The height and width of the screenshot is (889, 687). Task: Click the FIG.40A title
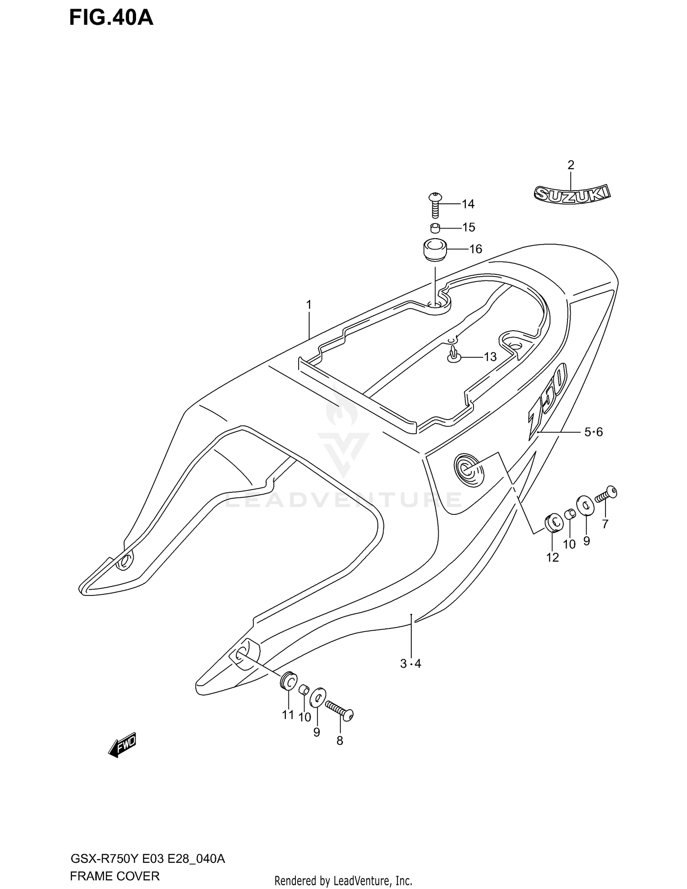tap(111, 18)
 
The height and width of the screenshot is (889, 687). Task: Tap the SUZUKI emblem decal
tap(572, 194)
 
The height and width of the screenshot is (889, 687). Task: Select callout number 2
tap(571, 165)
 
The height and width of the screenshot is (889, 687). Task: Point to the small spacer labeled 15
tap(435, 228)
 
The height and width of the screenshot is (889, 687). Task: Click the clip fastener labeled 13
tap(453, 355)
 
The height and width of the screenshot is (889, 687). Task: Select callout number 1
tap(309, 305)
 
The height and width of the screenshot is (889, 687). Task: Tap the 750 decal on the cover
tap(548, 399)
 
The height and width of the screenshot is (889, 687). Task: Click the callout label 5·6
tap(593, 432)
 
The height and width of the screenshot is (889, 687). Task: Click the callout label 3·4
tap(410, 664)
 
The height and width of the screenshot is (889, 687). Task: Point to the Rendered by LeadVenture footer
tap(343, 880)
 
